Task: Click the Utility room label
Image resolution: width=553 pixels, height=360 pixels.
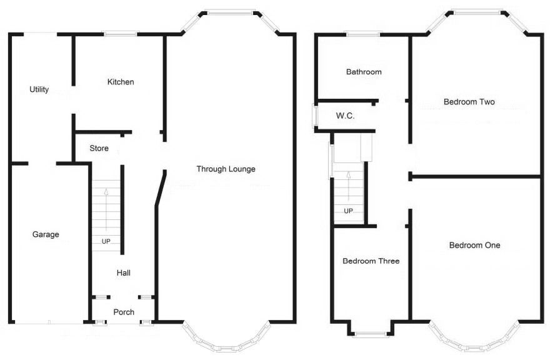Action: click(x=39, y=89)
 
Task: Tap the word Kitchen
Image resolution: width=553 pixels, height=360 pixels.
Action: click(x=121, y=82)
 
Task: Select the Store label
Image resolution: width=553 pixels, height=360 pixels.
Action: click(x=99, y=148)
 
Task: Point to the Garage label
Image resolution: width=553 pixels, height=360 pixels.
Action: click(x=46, y=234)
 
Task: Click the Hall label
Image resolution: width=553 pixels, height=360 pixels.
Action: click(x=124, y=272)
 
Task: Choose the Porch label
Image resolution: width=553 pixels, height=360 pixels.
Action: click(x=124, y=312)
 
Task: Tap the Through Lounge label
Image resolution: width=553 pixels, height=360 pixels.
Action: click(x=226, y=169)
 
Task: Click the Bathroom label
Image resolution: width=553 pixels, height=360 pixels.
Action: click(x=364, y=72)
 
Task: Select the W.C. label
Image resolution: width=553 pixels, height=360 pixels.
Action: click(x=346, y=116)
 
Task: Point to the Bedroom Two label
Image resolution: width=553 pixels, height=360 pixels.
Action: click(x=469, y=102)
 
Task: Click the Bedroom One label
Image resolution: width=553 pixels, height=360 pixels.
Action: click(x=475, y=245)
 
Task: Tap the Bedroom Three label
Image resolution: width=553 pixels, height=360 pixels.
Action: click(x=371, y=261)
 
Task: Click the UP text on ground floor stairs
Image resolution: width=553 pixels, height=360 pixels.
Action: click(x=106, y=241)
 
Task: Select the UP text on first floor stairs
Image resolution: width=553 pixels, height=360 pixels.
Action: click(x=349, y=211)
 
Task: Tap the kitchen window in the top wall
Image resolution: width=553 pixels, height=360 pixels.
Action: click(x=121, y=34)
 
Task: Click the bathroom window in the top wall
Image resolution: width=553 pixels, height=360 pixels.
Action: click(x=363, y=34)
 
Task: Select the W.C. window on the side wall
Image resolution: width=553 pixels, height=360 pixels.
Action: click(x=315, y=116)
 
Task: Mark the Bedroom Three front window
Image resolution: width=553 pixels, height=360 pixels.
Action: click(x=371, y=334)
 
